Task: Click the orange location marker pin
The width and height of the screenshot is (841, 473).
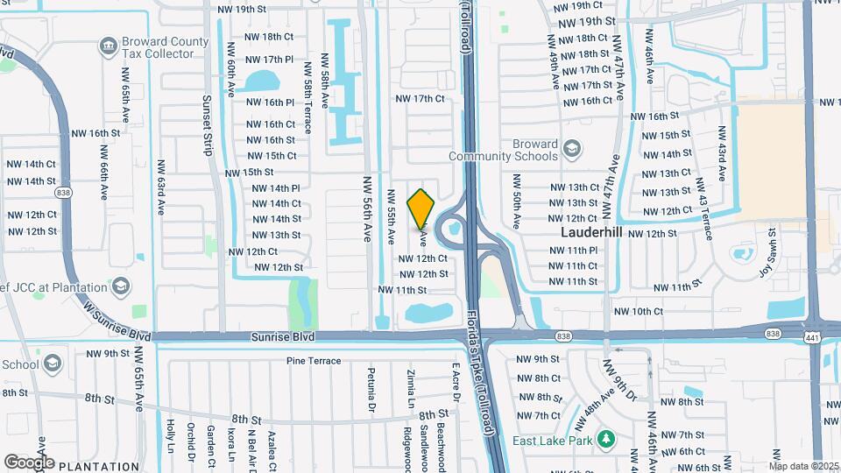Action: click(421, 208)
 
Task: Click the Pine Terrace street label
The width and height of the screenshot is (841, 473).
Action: click(313, 361)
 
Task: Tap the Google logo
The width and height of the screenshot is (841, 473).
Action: click(29, 462)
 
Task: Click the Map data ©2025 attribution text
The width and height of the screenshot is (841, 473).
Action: click(803, 466)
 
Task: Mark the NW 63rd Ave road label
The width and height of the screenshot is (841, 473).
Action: click(162, 187)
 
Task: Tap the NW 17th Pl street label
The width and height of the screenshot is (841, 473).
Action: click(270, 60)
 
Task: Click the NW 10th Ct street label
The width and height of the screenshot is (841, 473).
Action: click(638, 311)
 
